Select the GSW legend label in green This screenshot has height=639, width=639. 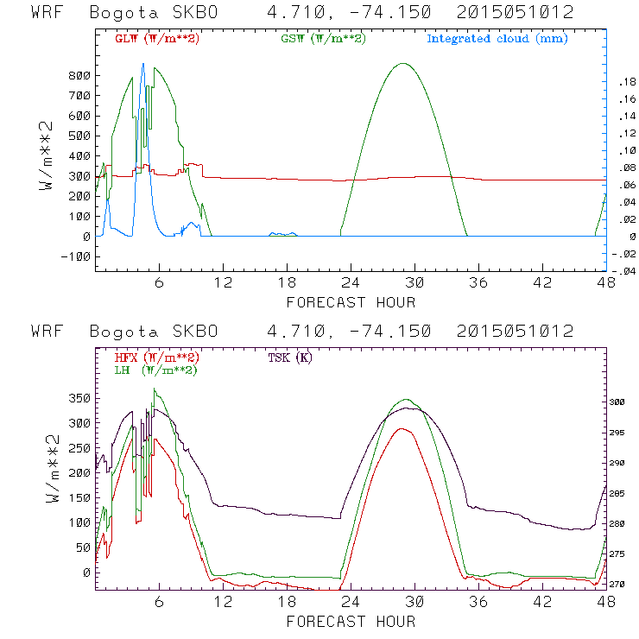[322, 39]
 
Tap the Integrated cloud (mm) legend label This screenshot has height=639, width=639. [497, 39]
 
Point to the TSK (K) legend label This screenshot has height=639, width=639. [288, 357]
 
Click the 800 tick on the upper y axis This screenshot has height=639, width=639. [80, 76]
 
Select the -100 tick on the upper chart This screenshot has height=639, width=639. [76, 256]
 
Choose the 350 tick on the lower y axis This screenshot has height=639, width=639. [80, 399]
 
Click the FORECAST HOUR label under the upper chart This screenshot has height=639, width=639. [351, 302]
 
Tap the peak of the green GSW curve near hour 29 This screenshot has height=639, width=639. [402, 63]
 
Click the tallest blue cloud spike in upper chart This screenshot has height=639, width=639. [142, 65]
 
